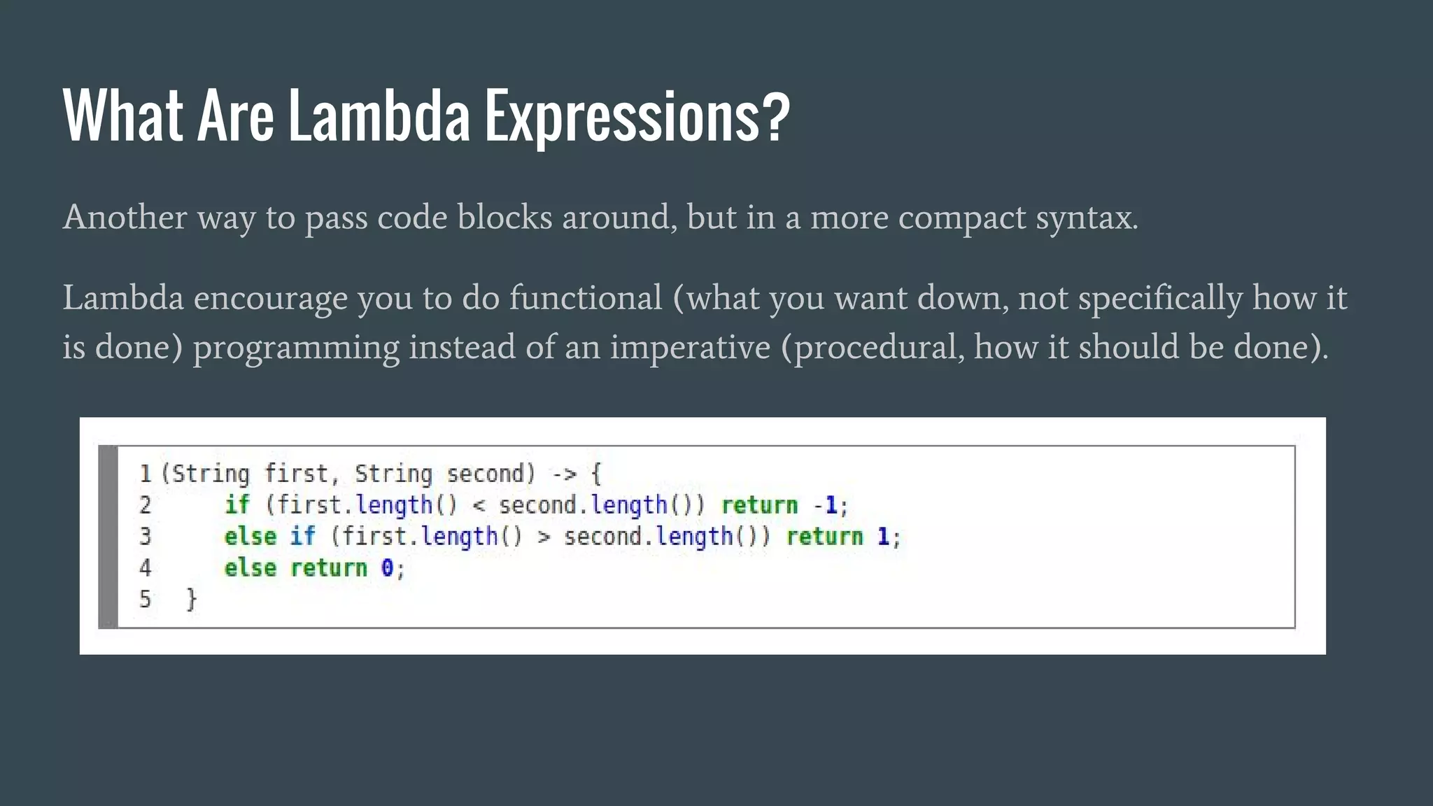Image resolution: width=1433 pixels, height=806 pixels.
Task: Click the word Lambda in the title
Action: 379,115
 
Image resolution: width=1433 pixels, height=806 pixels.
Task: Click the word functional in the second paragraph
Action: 585,298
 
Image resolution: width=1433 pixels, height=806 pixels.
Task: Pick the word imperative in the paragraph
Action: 690,347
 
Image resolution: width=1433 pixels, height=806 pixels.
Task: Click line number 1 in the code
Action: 146,474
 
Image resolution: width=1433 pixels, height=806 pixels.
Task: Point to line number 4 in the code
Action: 145,567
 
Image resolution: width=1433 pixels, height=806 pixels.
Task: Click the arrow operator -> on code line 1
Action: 563,474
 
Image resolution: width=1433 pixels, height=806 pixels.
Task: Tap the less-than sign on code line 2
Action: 479,505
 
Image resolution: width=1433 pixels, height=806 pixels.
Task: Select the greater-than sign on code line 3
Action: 544,537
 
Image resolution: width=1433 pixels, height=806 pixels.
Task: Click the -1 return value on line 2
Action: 826,505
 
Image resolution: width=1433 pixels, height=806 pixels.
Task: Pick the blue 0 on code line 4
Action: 387,567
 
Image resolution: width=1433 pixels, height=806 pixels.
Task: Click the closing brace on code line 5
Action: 191,599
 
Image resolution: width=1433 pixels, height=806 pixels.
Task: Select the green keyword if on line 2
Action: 237,505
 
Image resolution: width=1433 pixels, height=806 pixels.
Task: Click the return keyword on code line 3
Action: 825,537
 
